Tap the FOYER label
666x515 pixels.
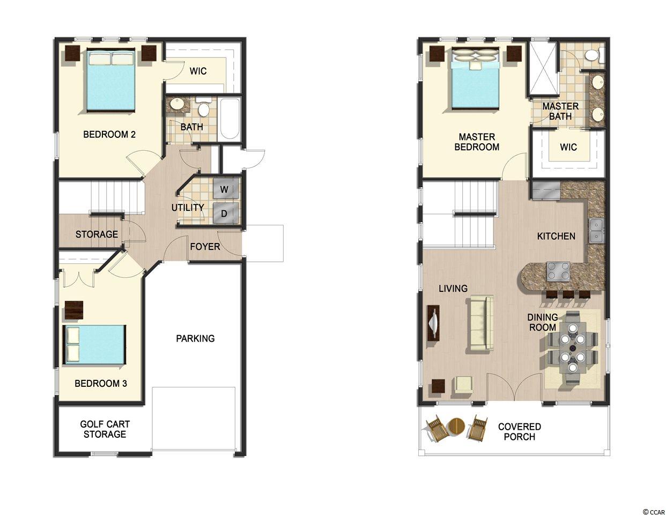205,247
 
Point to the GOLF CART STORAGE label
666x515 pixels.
105,429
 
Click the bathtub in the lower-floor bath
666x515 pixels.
230,119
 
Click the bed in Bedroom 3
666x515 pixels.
94,344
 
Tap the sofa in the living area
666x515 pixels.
480,322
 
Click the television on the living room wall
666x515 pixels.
434,322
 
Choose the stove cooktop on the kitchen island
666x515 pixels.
558,271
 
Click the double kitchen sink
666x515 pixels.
596,231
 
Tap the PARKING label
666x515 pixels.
195,339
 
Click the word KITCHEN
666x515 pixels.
556,236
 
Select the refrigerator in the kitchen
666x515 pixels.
546,190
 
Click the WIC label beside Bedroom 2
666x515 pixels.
198,71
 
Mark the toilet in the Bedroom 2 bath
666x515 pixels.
203,107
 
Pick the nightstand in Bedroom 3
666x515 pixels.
74,310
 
